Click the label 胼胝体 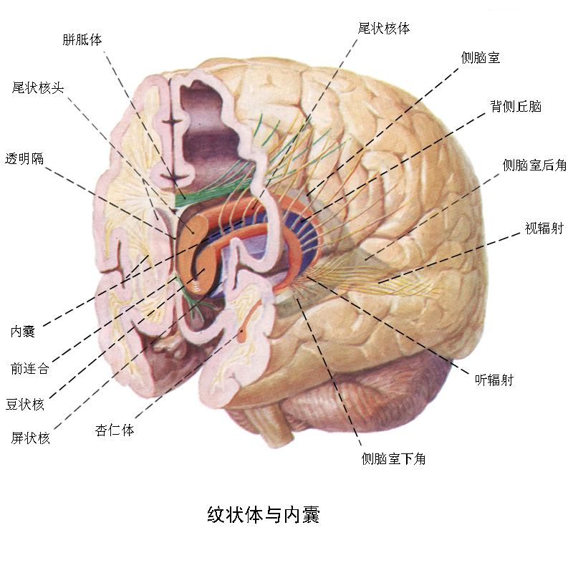click(x=82, y=39)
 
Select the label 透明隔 click(x=24, y=158)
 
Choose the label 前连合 click(x=30, y=369)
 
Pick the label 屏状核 click(x=31, y=438)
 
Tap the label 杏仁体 click(x=115, y=430)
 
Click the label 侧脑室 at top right click(x=481, y=58)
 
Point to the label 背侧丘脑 click(x=516, y=107)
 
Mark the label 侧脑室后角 click(x=534, y=165)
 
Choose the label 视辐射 click(x=544, y=229)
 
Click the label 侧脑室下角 click(x=394, y=459)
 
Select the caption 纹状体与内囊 click(x=263, y=514)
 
